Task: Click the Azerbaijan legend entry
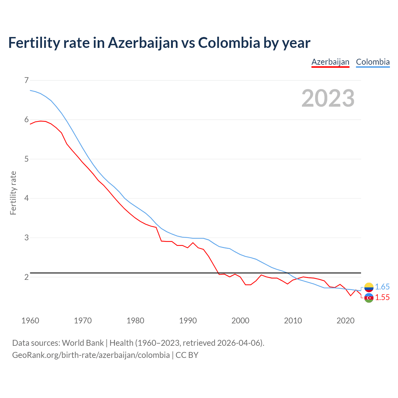pos(330,62)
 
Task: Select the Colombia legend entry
pos(373,62)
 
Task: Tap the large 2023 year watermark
pos(328,98)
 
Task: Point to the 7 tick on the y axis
pos(26,80)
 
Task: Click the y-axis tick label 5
pos(26,159)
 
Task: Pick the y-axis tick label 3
pos(26,238)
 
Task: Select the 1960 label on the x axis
pos(30,321)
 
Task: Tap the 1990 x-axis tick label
pos(188,321)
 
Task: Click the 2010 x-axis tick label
pos(293,321)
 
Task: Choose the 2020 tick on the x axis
pos(345,321)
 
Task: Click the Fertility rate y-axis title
pos(13,193)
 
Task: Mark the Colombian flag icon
pos(369,287)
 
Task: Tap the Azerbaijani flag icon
pos(369,298)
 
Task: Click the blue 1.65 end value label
pos(382,287)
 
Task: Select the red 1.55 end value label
pos(382,298)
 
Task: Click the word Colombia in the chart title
pos(229,43)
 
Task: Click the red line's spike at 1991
pos(193,243)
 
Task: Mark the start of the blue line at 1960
pos(30,90)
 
